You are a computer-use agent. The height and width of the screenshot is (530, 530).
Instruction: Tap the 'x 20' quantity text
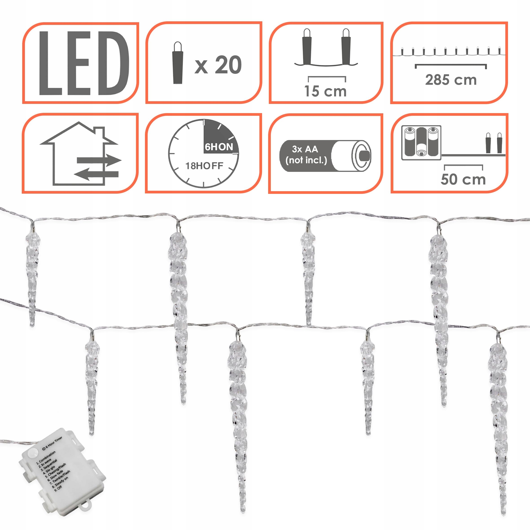[218, 65]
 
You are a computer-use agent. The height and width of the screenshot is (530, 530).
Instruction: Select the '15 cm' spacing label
[325, 91]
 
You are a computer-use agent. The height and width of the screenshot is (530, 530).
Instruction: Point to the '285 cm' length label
[451, 80]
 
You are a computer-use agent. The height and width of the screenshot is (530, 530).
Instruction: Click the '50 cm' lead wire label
[463, 180]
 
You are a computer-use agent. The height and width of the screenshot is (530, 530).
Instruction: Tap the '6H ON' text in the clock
[219, 147]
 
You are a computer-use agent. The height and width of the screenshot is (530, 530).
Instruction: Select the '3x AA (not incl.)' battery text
[306, 155]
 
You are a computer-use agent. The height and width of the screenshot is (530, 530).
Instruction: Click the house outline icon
[77, 154]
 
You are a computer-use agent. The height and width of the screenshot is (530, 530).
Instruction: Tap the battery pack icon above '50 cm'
[421, 143]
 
